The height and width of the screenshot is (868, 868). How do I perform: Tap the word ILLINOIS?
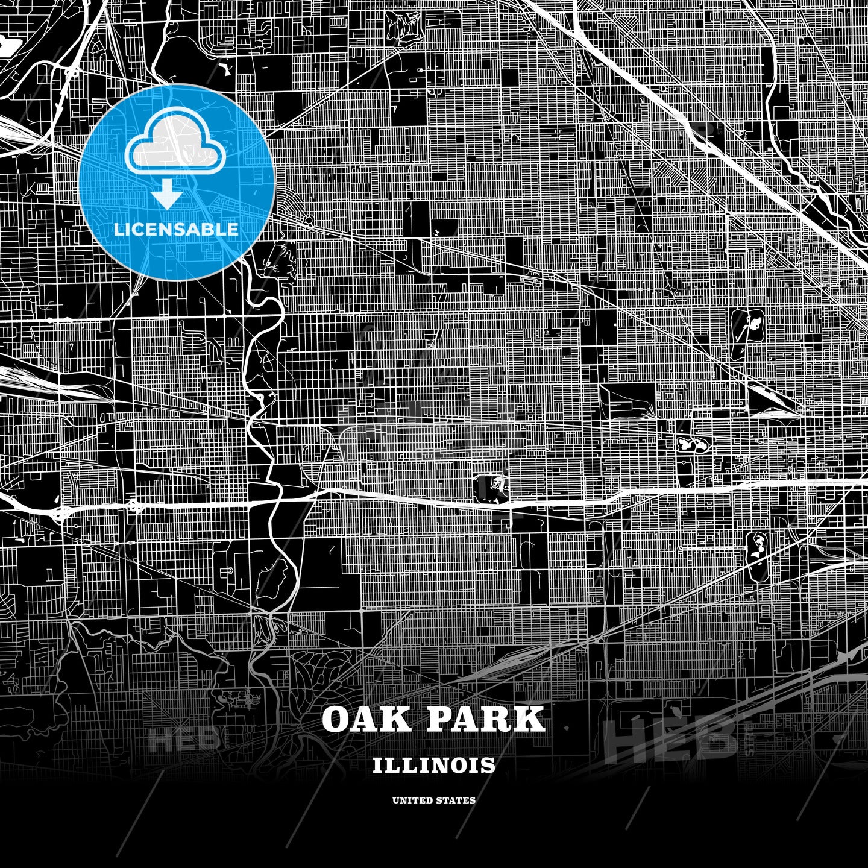click(x=434, y=766)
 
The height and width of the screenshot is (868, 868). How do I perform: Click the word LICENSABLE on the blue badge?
click(x=176, y=230)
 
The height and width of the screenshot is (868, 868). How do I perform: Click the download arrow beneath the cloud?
click(x=168, y=197)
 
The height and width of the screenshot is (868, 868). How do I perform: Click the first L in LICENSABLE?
click(x=118, y=230)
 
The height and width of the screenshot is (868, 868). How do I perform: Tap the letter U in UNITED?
click(x=396, y=800)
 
